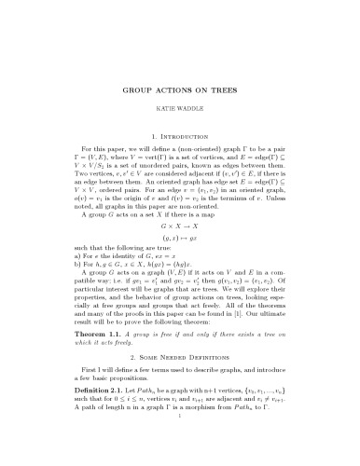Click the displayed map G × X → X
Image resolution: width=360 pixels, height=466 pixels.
coord(179,226)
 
